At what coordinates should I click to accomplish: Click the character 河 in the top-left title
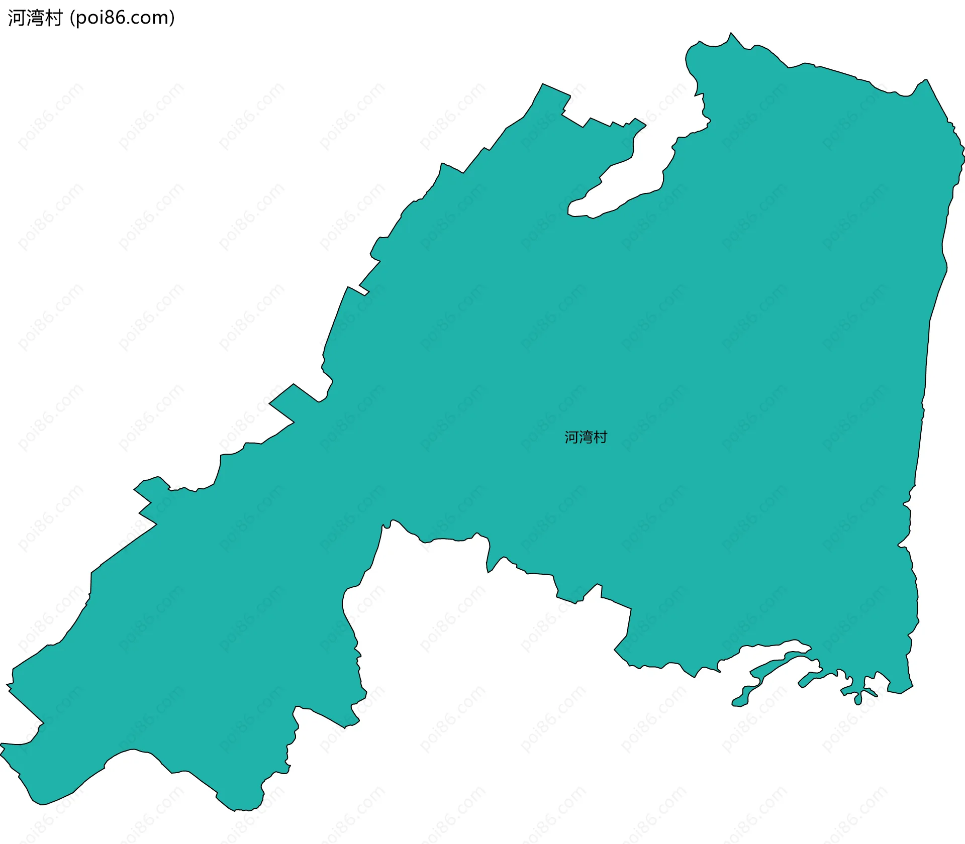tap(17, 18)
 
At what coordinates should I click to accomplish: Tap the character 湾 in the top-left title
tap(35, 18)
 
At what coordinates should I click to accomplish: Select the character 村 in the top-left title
tap(53, 18)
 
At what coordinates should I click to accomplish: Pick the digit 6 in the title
tap(120, 18)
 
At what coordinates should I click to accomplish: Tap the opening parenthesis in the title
tap(72, 18)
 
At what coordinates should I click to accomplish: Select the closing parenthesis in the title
tap(172, 18)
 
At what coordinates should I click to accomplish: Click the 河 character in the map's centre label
tap(571, 438)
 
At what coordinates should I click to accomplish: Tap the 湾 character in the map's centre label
tap(586, 438)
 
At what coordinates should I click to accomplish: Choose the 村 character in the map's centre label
tap(600, 438)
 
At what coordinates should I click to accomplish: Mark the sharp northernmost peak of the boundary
tap(731, 33)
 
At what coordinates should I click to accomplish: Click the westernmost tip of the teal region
tap(1, 745)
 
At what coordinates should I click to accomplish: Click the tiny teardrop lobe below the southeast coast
tap(858, 698)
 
